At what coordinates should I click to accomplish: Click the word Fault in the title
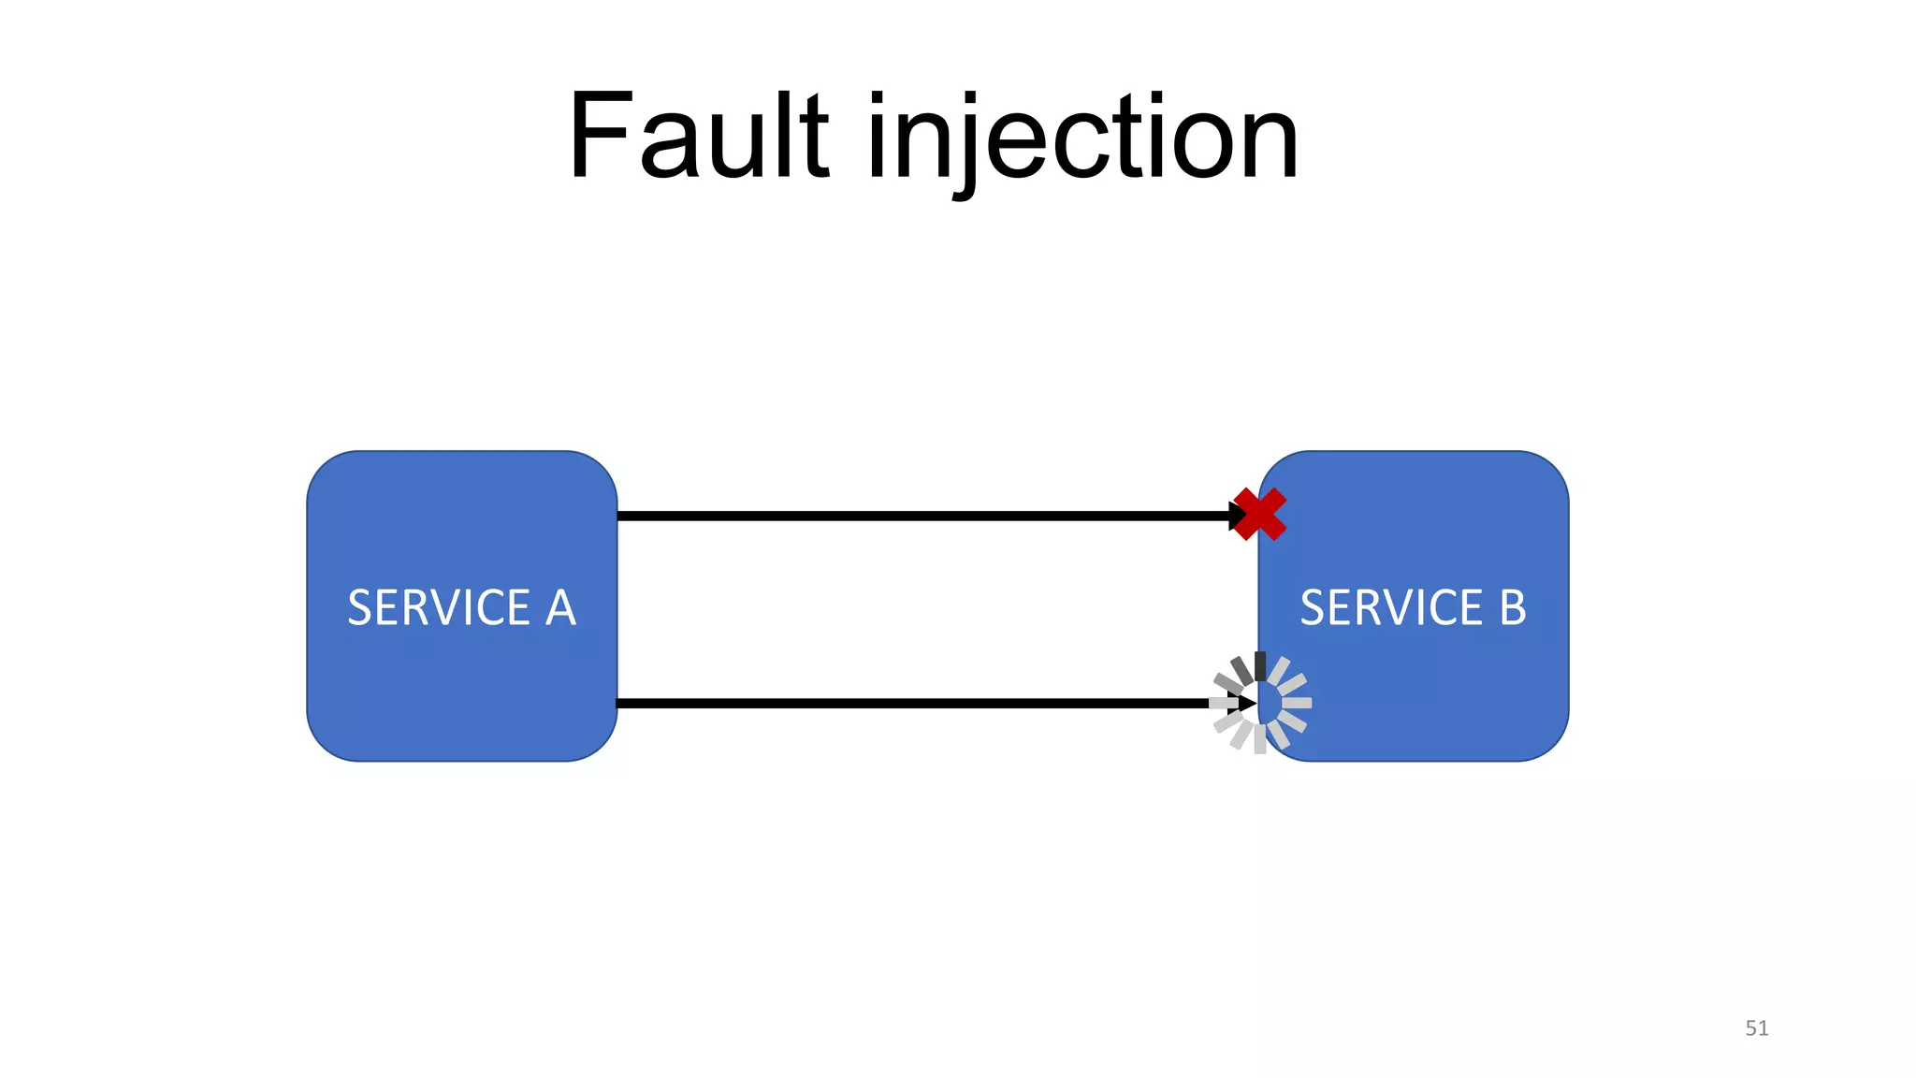click(x=698, y=136)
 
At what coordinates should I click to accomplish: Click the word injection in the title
click(x=1082, y=138)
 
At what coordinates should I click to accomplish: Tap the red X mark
click(x=1259, y=515)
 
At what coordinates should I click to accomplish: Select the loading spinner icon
click(x=1260, y=703)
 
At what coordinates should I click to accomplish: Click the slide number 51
click(x=1756, y=1027)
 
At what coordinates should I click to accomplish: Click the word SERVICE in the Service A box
click(x=439, y=608)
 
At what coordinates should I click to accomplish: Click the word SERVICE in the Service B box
click(x=1391, y=608)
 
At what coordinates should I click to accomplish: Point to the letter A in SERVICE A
click(x=560, y=608)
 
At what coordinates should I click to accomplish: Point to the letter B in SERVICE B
click(x=1513, y=608)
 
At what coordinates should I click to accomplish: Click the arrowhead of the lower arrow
click(x=1246, y=703)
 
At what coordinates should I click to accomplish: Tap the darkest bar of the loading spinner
click(x=1260, y=666)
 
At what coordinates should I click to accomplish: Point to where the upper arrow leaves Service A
click(x=619, y=516)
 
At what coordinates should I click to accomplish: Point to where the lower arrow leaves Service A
click(x=619, y=703)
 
